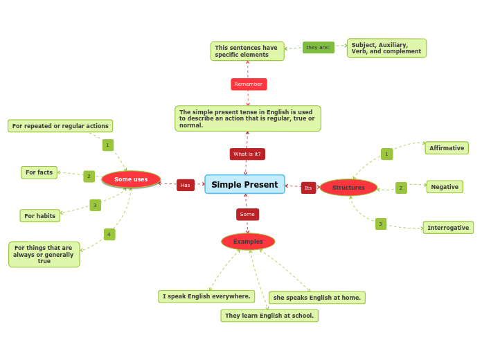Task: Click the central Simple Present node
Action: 244,184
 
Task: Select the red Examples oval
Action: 248,242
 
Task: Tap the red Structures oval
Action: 348,188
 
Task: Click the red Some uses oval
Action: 131,179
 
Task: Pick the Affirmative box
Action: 446,148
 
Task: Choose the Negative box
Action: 445,187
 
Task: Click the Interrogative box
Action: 448,228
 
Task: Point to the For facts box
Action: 39,172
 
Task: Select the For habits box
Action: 40,216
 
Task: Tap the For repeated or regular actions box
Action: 60,126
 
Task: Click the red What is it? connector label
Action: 247,154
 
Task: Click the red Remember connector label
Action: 249,84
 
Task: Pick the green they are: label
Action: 318,48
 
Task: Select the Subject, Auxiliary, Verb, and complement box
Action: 386,48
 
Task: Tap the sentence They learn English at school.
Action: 269,316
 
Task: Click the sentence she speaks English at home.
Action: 316,298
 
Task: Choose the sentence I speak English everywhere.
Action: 206,296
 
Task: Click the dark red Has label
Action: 185,186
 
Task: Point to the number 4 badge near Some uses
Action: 109,235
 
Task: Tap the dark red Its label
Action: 308,188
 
